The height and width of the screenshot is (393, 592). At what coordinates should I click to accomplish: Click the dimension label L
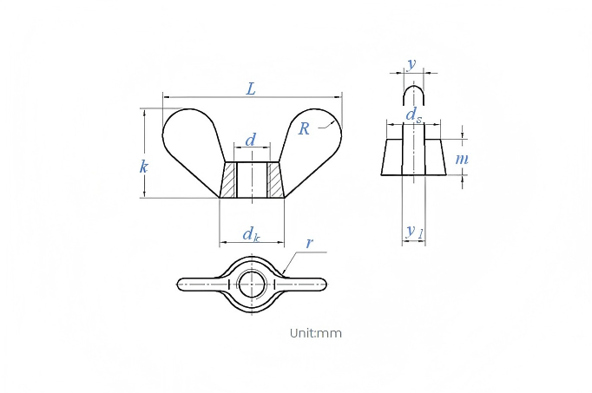[251, 89]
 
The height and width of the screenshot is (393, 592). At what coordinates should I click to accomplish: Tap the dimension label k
[143, 167]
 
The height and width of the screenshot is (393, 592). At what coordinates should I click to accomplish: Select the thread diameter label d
[251, 140]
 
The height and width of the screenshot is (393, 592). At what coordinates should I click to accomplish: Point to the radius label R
[304, 128]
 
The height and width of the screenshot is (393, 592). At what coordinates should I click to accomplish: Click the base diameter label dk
[252, 234]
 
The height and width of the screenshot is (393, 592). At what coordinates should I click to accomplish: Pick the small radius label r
[310, 243]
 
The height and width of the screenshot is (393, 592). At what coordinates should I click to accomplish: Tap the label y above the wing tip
[411, 64]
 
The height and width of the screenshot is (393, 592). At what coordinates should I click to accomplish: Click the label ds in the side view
[414, 115]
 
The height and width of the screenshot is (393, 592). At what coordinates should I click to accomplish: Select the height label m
[462, 159]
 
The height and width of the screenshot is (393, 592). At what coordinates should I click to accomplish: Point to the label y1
[415, 231]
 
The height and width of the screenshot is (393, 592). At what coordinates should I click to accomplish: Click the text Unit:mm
[316, 333]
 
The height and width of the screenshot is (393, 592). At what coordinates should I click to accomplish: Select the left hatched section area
[228, 180]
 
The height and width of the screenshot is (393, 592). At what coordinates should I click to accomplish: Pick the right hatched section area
[276, 180]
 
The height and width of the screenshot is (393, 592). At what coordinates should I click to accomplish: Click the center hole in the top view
[252, 284]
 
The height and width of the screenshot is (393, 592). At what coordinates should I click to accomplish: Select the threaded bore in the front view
[253, 180]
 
